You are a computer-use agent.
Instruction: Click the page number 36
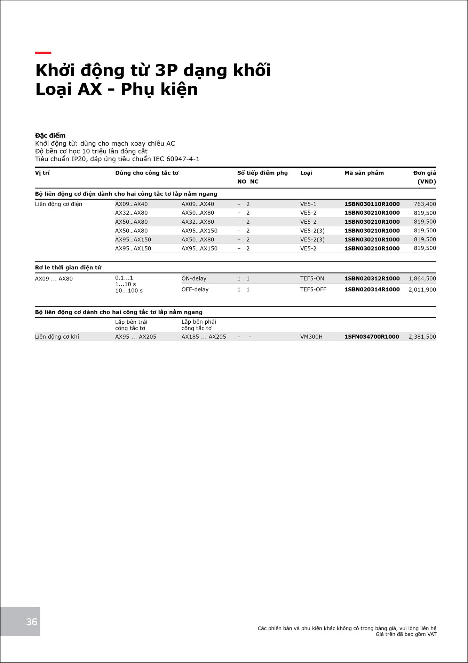32,622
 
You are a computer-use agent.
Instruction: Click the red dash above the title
43,53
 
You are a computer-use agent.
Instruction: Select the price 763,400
425,204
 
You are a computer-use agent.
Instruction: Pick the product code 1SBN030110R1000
372,204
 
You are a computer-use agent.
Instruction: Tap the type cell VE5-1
308,204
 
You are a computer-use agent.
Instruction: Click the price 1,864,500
422,278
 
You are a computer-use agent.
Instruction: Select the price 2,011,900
422,290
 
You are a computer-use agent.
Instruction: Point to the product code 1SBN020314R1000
372,290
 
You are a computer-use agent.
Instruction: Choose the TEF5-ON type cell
312,278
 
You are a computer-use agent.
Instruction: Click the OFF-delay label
195,290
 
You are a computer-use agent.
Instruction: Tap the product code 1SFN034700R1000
372,337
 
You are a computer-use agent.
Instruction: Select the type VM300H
311,337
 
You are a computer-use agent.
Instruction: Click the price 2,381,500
422,337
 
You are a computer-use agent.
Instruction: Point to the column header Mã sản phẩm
364,173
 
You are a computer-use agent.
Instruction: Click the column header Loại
306,173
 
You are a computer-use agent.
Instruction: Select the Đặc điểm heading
50,136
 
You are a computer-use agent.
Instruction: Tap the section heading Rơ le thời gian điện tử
68,268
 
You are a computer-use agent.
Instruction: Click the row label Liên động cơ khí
57,337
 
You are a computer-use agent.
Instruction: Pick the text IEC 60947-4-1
176,159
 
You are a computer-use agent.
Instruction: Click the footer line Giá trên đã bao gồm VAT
406,634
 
